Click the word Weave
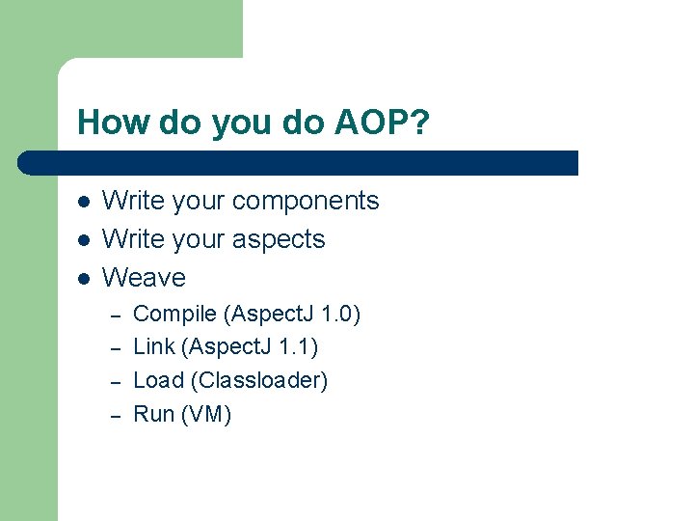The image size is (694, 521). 144,278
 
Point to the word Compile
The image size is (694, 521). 173,315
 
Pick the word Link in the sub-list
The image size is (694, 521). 153,347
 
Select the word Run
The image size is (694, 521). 153,414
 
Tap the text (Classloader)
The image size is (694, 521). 259,380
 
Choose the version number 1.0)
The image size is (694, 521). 340,315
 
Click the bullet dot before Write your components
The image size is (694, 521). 84,202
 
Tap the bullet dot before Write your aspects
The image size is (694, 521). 84,240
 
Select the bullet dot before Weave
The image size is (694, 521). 84,279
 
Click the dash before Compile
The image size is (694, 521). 114,316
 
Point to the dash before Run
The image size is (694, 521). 114,416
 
